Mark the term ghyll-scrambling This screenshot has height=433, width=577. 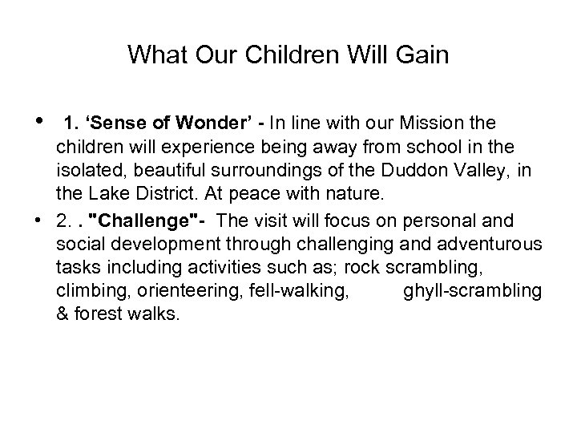(x=472, y=291)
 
